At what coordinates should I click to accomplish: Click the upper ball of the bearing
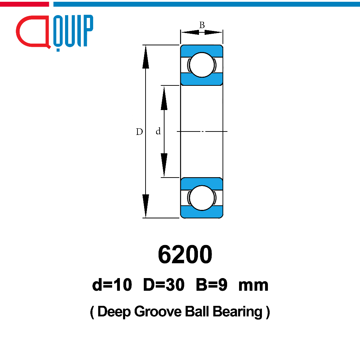[x=202, y=65]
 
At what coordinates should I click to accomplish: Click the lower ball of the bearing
[x=202, y=198]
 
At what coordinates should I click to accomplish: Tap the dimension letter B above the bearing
[x=202, y=25]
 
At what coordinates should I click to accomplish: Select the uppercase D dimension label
[x=139, y=131]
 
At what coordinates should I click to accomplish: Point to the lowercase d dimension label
[x=158, y=131]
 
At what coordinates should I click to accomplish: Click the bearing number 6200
[x=185, y=255]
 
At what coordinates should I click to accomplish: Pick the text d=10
[x=112, y=285]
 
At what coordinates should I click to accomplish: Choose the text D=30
[x=164, y=285]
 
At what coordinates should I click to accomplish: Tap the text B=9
[x=211, y=285]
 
